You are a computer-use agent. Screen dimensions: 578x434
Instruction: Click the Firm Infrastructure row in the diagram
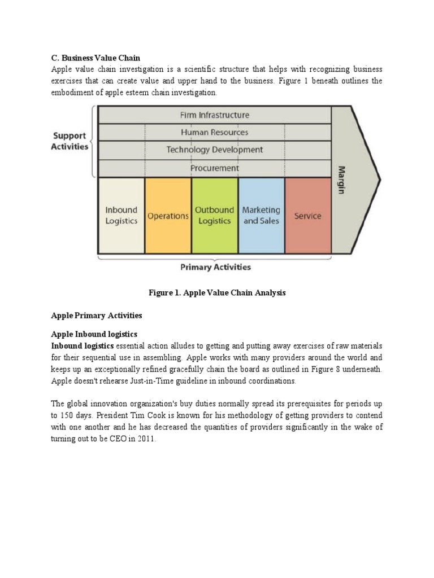coord(214,115)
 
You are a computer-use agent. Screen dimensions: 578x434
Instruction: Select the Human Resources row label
coord(214,133)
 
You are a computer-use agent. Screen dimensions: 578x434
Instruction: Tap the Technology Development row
coord(214,150)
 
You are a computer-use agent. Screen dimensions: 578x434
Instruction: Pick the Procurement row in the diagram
coord(214,168)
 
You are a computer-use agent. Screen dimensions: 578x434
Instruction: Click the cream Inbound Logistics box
coord(121,216)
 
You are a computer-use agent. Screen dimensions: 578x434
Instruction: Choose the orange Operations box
coord(168,216)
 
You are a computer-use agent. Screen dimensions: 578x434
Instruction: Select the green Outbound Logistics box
coord(215,216)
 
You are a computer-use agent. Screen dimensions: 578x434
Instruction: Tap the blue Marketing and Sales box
coord(261,216)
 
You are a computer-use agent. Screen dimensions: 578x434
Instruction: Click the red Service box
coord(308,216)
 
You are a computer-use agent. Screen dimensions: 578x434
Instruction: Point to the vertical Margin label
coord(341,179)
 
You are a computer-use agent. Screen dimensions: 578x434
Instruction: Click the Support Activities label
coord(70,141)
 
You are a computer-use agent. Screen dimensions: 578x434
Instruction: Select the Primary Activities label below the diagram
coord(215,268)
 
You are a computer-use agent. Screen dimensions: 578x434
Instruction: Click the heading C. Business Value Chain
coord(96,58)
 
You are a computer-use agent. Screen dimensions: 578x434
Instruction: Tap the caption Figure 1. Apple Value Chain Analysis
coord(217,293)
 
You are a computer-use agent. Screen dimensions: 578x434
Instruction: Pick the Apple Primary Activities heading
coord(97,315)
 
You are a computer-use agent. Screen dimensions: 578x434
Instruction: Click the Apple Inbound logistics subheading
coord(94,334)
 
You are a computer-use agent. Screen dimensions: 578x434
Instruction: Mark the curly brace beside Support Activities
coord(93,141)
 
